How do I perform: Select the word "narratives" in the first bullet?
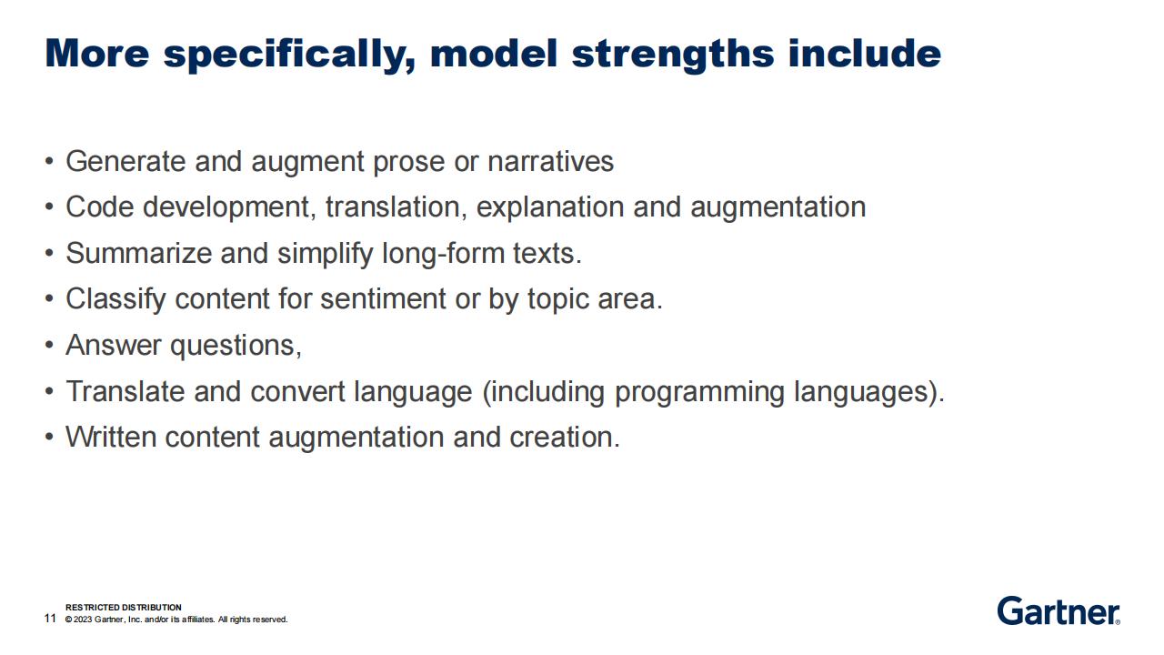click(x=550, y=161)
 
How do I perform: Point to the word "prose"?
click(x=408, y=163)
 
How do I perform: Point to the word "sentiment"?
click(x=383, y=299)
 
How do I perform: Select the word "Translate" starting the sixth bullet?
click(x=125, y=391)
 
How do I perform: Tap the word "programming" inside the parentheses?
click(x=699, y=392)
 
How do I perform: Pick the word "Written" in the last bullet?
click(x=111, y=437)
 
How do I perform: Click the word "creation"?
click(x=565, y=438)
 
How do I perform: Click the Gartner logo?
click(x=1059, y=610)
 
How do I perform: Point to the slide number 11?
click(x=50, y=618)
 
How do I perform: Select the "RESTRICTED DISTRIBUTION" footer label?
click(x=124, y=607)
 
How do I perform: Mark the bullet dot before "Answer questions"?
click(x=49, y=345)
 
